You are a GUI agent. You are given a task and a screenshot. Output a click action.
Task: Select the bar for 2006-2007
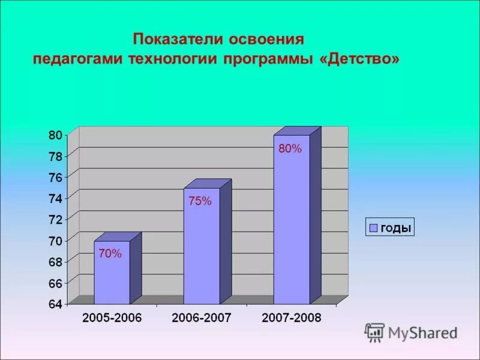[202, 246]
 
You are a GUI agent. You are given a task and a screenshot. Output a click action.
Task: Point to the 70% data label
[110, 254]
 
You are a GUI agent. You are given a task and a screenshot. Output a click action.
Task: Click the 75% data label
[200, 202]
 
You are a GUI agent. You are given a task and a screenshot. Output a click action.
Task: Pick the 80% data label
[290, 149]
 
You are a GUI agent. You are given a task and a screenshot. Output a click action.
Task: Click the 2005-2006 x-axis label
[112, 318]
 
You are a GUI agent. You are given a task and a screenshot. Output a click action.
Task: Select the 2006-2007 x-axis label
[202, 318]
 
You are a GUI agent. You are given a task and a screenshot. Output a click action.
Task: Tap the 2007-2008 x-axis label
[292, 318]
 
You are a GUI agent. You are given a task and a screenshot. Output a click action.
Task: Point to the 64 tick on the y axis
[55, 304]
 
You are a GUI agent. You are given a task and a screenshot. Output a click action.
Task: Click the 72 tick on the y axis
[55, 219]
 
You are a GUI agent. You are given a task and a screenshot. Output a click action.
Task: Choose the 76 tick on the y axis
[55, 177]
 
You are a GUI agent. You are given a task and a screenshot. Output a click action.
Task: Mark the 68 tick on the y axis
[55, 261]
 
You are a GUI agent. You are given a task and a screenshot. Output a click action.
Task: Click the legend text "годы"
[395, 228]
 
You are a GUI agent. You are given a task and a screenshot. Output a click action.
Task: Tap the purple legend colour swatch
[373, 228]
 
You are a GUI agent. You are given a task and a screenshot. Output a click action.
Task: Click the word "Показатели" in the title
[177, 40]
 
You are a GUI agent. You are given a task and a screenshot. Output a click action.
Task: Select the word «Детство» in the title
[364, 61]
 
